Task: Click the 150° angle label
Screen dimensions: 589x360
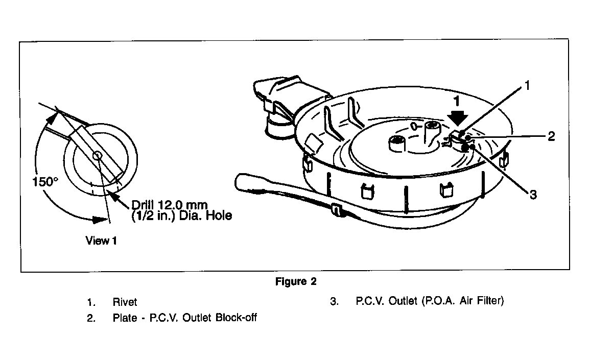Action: [45, 182]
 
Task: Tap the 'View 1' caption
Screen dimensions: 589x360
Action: [101, 240]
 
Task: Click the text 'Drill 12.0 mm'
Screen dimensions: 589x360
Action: [170, 205]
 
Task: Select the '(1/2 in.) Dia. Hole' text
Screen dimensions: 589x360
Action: [182, 215]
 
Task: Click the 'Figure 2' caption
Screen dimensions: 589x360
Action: [296, 281]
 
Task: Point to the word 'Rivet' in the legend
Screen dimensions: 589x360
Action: [125, 302]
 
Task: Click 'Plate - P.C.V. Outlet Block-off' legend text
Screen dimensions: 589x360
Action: [185, 318]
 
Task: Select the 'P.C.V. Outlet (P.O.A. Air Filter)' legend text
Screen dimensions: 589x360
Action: [430, 301]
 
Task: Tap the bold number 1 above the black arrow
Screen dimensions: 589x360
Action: [456, 101]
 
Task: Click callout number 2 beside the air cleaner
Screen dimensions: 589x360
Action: [551, 136]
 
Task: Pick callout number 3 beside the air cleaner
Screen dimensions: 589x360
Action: [533, 195]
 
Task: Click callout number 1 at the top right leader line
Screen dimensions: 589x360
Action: [527, 86]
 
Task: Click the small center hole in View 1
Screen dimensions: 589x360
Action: [98, 155]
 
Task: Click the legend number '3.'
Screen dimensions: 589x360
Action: [334, 301]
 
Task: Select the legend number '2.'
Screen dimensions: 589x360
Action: [91, 318]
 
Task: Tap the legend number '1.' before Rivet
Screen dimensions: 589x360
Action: [91, 302]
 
